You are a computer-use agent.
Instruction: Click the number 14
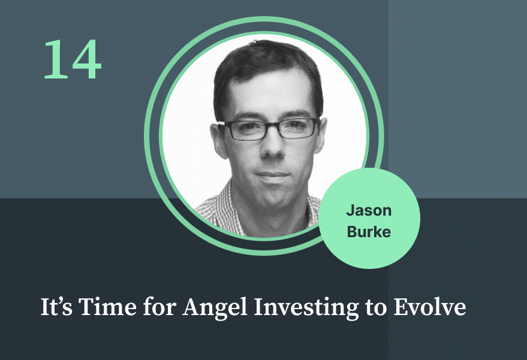(73, 59)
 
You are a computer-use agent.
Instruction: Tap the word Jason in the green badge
(369, 211)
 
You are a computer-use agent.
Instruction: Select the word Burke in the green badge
(369, 232)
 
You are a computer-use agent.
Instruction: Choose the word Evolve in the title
(430, 307)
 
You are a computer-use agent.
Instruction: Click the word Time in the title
(107, 307)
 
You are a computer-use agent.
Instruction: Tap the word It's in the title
(56, 307)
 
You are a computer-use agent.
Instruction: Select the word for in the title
(159, 307)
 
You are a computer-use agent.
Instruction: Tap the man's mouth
(273, 176)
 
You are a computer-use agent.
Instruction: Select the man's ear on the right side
(321, 134)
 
